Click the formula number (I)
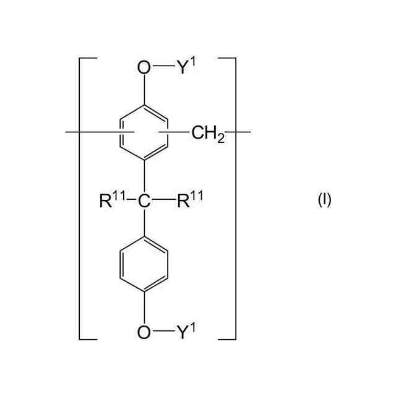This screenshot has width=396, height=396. [324, 200]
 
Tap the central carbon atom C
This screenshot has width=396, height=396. [144, 200]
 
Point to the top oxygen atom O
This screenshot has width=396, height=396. [144, 67]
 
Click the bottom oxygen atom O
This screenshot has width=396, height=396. [144, 333]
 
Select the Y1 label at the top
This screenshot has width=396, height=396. [185, 66]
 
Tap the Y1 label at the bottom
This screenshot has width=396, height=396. [185, 332]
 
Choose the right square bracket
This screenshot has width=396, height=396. [235, 198]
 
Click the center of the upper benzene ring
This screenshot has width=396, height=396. [144, 132]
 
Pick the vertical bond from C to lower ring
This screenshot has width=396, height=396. [144, 223]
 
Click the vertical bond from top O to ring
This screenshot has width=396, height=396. [144, 89]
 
